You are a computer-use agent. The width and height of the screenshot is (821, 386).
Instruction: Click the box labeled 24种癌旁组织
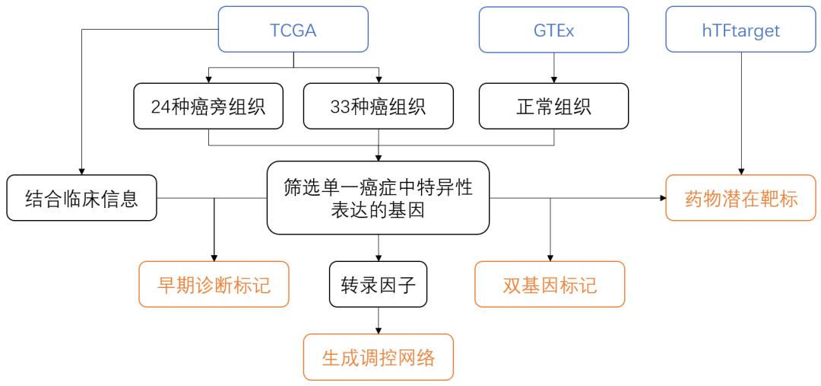click(208, 105)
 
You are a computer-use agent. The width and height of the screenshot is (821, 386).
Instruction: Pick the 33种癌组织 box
click(379, 105)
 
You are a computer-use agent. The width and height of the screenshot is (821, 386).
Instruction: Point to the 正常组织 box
click(553, 105)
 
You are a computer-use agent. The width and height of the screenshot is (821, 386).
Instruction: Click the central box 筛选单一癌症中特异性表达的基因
click(378, 198)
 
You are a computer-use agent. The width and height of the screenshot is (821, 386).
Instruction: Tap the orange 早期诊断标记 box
click(214, 284)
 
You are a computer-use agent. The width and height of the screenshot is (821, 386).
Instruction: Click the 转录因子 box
click(378, 284)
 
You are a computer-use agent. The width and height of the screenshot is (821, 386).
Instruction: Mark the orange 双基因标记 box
click(550, 284)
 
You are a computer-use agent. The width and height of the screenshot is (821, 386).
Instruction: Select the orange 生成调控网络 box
click(378, 357)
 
